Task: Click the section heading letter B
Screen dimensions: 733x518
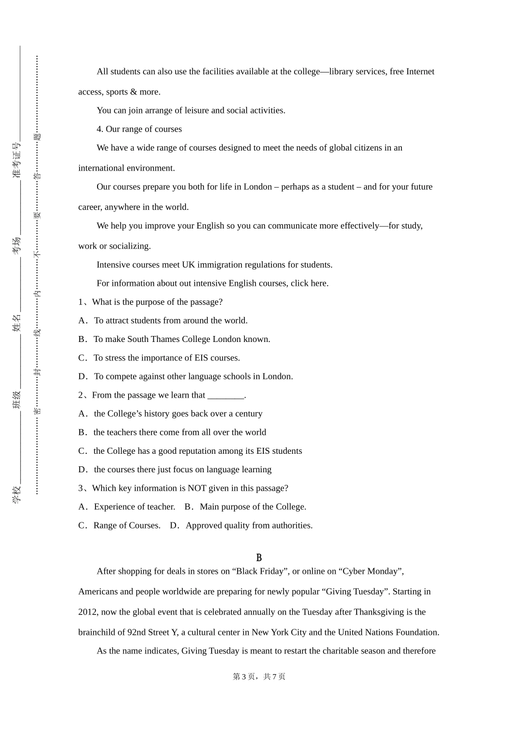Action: (259, 557)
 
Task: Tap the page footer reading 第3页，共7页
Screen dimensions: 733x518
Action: (259, 676)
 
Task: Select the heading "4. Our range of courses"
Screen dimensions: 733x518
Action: (139, 129)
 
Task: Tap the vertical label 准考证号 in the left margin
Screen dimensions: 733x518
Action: (17, 160)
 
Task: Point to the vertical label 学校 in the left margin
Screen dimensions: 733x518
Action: (17, 494)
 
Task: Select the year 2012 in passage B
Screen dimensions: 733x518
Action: (88, 612)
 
